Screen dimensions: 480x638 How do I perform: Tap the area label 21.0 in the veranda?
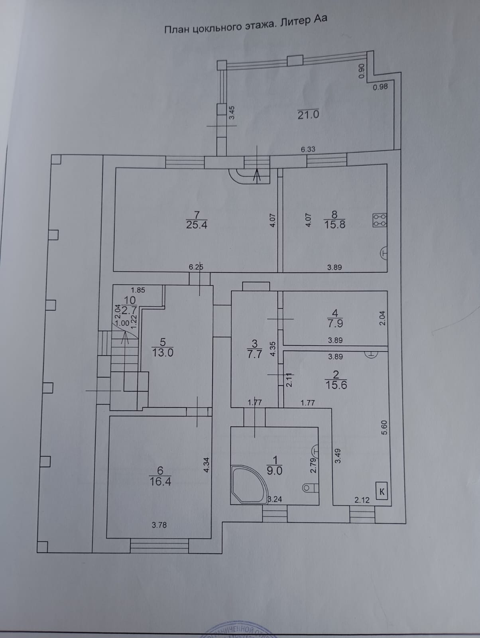click(308, 115)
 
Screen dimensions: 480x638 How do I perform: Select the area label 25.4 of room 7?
click(197, 225)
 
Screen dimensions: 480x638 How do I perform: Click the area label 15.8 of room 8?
click(334, 225)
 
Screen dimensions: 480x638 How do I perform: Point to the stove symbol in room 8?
click(380, 220)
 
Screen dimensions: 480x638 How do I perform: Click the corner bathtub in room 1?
click(247, 485)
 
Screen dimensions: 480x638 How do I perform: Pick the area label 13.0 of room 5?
click(163, 352)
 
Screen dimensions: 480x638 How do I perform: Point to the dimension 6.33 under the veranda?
click(308, 150)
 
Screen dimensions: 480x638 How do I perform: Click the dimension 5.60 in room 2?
click(384, 427)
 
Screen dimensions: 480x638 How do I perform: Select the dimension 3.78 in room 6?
click(159, 525)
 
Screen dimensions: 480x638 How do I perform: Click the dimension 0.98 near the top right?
click(380, 86)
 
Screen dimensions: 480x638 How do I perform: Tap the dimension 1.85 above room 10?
click(138, 290)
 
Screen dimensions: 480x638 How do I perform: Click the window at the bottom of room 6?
click(159, 546)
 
